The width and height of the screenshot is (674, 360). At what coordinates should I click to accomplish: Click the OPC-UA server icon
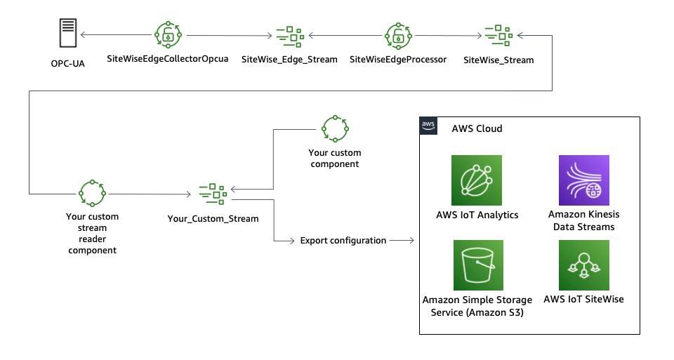coord(67,34)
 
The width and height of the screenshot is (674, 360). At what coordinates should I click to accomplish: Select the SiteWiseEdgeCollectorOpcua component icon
coord(168,34)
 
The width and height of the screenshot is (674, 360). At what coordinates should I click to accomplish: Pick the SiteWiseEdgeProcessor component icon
coord(397,34)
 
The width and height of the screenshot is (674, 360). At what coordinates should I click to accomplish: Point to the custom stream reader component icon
coord(92,192)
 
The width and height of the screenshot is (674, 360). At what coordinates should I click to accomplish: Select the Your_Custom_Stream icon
coord(213,192)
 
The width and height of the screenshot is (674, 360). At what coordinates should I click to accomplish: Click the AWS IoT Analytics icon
coord(477,180)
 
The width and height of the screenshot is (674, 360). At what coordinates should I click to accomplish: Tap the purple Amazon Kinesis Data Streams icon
coord(583,180)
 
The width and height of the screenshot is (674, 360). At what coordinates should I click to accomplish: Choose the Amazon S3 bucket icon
coord(477,265)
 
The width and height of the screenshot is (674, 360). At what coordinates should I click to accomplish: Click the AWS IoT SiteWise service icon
coord(583,265)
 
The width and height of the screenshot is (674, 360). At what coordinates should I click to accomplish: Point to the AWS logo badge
coord(428,125)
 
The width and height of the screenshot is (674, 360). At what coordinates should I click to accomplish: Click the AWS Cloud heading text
coord(477,129)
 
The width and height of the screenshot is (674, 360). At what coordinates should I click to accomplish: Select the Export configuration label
coord(343,241)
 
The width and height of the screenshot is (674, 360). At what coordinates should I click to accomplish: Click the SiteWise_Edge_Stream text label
coord(289,60)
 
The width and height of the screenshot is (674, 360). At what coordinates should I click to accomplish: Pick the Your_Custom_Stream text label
coord(213,218)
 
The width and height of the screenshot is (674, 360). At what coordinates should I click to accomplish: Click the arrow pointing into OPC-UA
coord(84,34)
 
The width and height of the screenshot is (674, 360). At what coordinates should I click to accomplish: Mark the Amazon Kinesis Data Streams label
coord(583,220)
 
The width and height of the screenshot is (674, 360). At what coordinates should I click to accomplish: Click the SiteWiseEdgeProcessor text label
coord(398,60)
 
